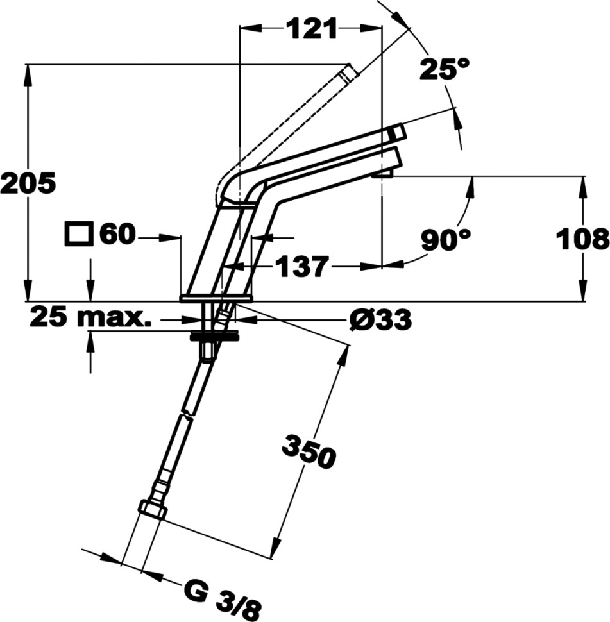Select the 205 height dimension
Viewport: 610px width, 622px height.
(x=28, y=183)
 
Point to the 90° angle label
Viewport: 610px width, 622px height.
(x=446, y=240)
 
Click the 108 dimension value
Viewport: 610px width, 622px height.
(x=582, y=240)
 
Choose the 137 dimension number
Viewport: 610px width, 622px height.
(x=302, y=266)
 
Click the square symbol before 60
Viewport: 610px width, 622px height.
(x=79, y=235)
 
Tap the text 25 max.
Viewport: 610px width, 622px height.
(x=91, y=318)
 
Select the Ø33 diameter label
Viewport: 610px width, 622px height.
(x=380, y=319)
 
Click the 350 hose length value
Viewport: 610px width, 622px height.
(x=309, y=451)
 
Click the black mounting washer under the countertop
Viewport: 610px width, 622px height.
(x=215, y=336)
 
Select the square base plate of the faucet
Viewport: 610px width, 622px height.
(x=216, y=298)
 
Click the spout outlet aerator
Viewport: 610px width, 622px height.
(x=382, y=173)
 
